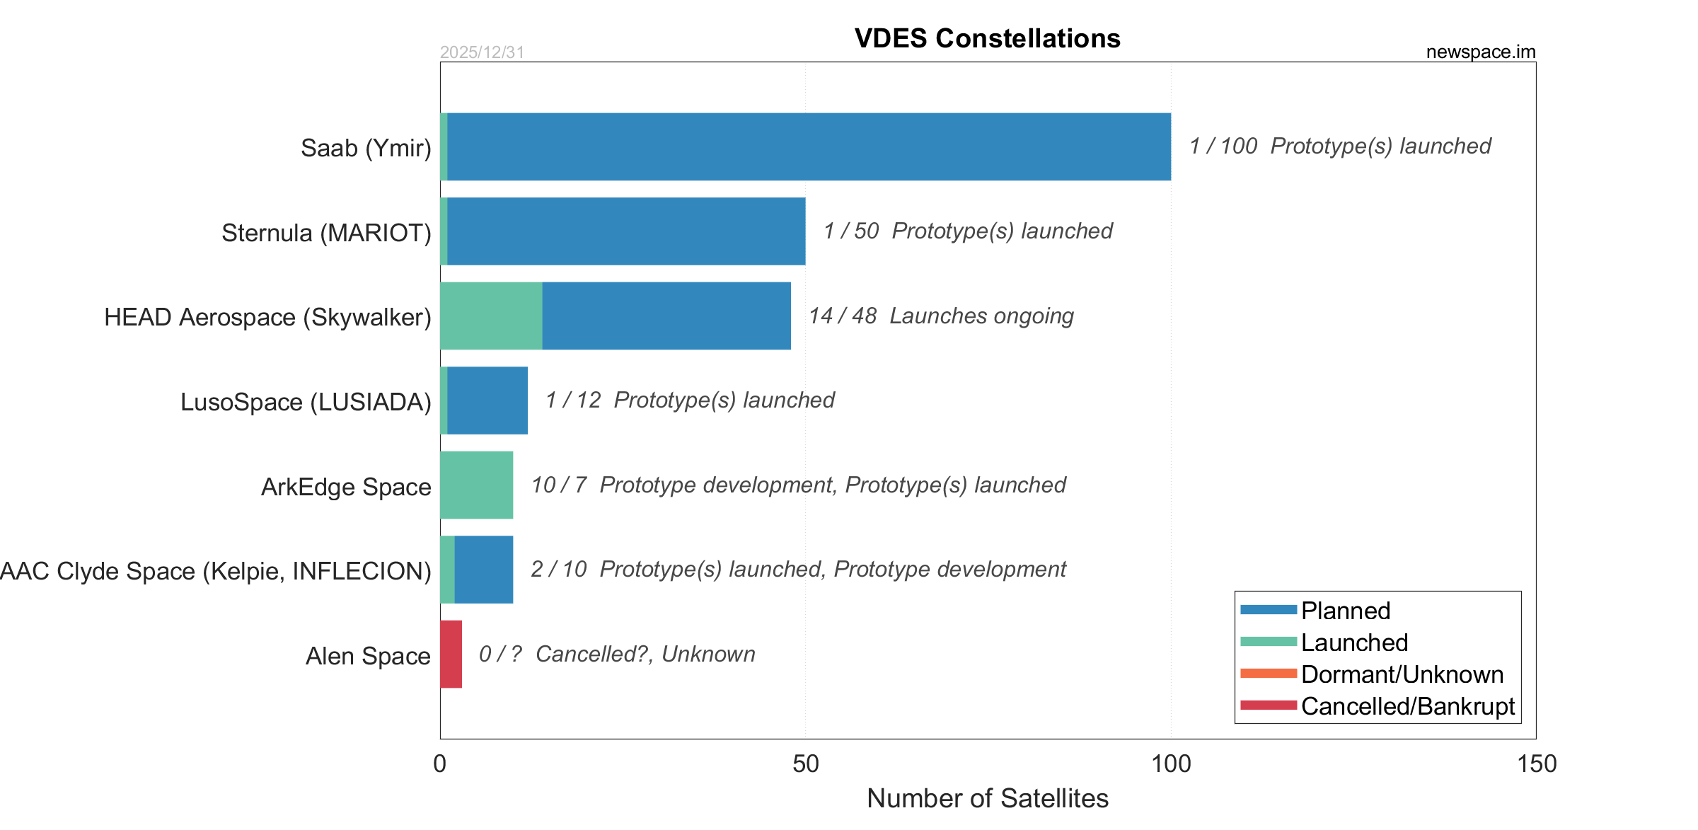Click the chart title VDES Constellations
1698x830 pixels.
coord(987,38)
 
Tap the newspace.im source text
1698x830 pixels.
coord(1480,52)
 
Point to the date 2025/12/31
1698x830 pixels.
coord(482,52)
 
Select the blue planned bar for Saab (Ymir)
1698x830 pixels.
coord(809,146)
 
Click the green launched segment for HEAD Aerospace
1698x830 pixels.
coord(491,316)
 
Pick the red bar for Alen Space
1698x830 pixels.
coord(451,654)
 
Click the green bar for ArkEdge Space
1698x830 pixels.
coord(476,485)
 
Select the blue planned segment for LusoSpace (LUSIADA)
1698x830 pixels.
coord(487,400)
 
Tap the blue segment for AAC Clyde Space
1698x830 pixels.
coord(484,570)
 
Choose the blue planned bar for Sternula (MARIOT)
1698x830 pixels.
coord(626,231)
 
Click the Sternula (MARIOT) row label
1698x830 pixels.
coord(326,233)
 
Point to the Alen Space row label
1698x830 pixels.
coord(368,656)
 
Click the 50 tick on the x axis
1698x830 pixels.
coord(805,764)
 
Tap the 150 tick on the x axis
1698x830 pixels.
coord(1537,764)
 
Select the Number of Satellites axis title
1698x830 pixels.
coord(987,798)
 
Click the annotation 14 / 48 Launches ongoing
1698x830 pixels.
coord(941,316)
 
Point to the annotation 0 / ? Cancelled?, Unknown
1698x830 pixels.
coord(617,654)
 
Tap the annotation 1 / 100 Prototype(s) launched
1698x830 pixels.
coord(1339,146)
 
